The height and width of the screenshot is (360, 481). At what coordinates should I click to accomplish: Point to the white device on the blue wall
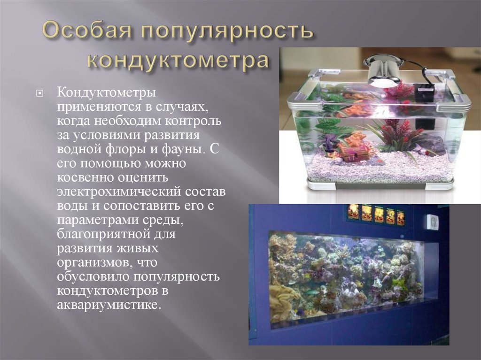click(x=432, y=222)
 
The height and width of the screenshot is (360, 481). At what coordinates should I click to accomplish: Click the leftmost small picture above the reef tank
click(x=353, y=212)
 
